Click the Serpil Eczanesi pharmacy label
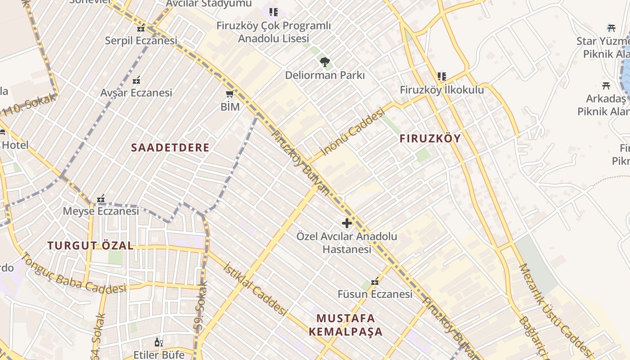141,40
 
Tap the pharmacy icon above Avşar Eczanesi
137,81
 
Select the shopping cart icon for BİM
230,94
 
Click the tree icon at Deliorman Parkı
324,62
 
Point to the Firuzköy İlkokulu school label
442,90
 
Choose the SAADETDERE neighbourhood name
170,148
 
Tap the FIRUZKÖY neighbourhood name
430,139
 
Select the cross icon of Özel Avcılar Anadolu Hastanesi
347,223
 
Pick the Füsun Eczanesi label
375,294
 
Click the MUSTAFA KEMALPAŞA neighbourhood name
346,325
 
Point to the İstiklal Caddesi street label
255,288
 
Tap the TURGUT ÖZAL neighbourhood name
90,246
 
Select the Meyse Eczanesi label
101,211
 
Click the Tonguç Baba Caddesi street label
73,274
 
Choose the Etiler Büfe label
159,355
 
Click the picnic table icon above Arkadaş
606,85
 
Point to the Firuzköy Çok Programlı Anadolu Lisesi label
273,32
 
